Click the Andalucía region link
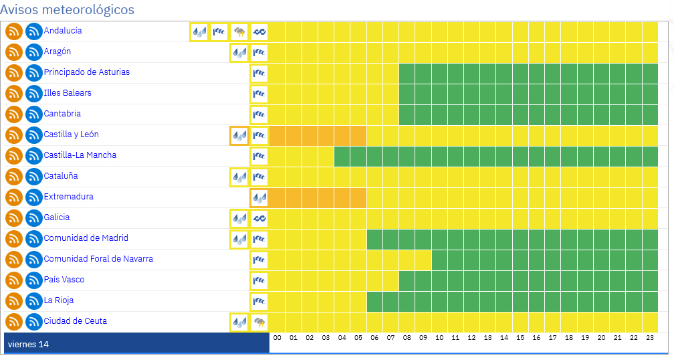[x=63, y=31]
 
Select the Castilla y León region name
[x=71, y=134]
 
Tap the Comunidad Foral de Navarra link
[x=98, y=259]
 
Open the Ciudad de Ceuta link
[x=75, y=321]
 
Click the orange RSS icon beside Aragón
[x=14, y=52]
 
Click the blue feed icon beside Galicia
[x=34, y=218]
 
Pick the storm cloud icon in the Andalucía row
[x=239, y=31]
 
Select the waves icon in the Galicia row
[x=259, y=218]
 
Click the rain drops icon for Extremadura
[x=259, y=197]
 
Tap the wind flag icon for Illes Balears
[x=259, y=94]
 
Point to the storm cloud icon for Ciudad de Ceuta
[x=259, y=322]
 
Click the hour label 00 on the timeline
[x=277, y=339]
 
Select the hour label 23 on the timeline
[x=650, y=339]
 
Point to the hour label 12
[x=471, y=339]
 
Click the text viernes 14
[x=28, y=345]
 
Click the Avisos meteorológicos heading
[x=67, y=10]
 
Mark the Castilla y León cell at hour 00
[x=277, y=135]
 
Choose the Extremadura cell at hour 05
[x=358, y=197]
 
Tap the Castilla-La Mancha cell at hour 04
[x=342, y=156]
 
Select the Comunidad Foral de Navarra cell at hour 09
[x=423, y=260]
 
